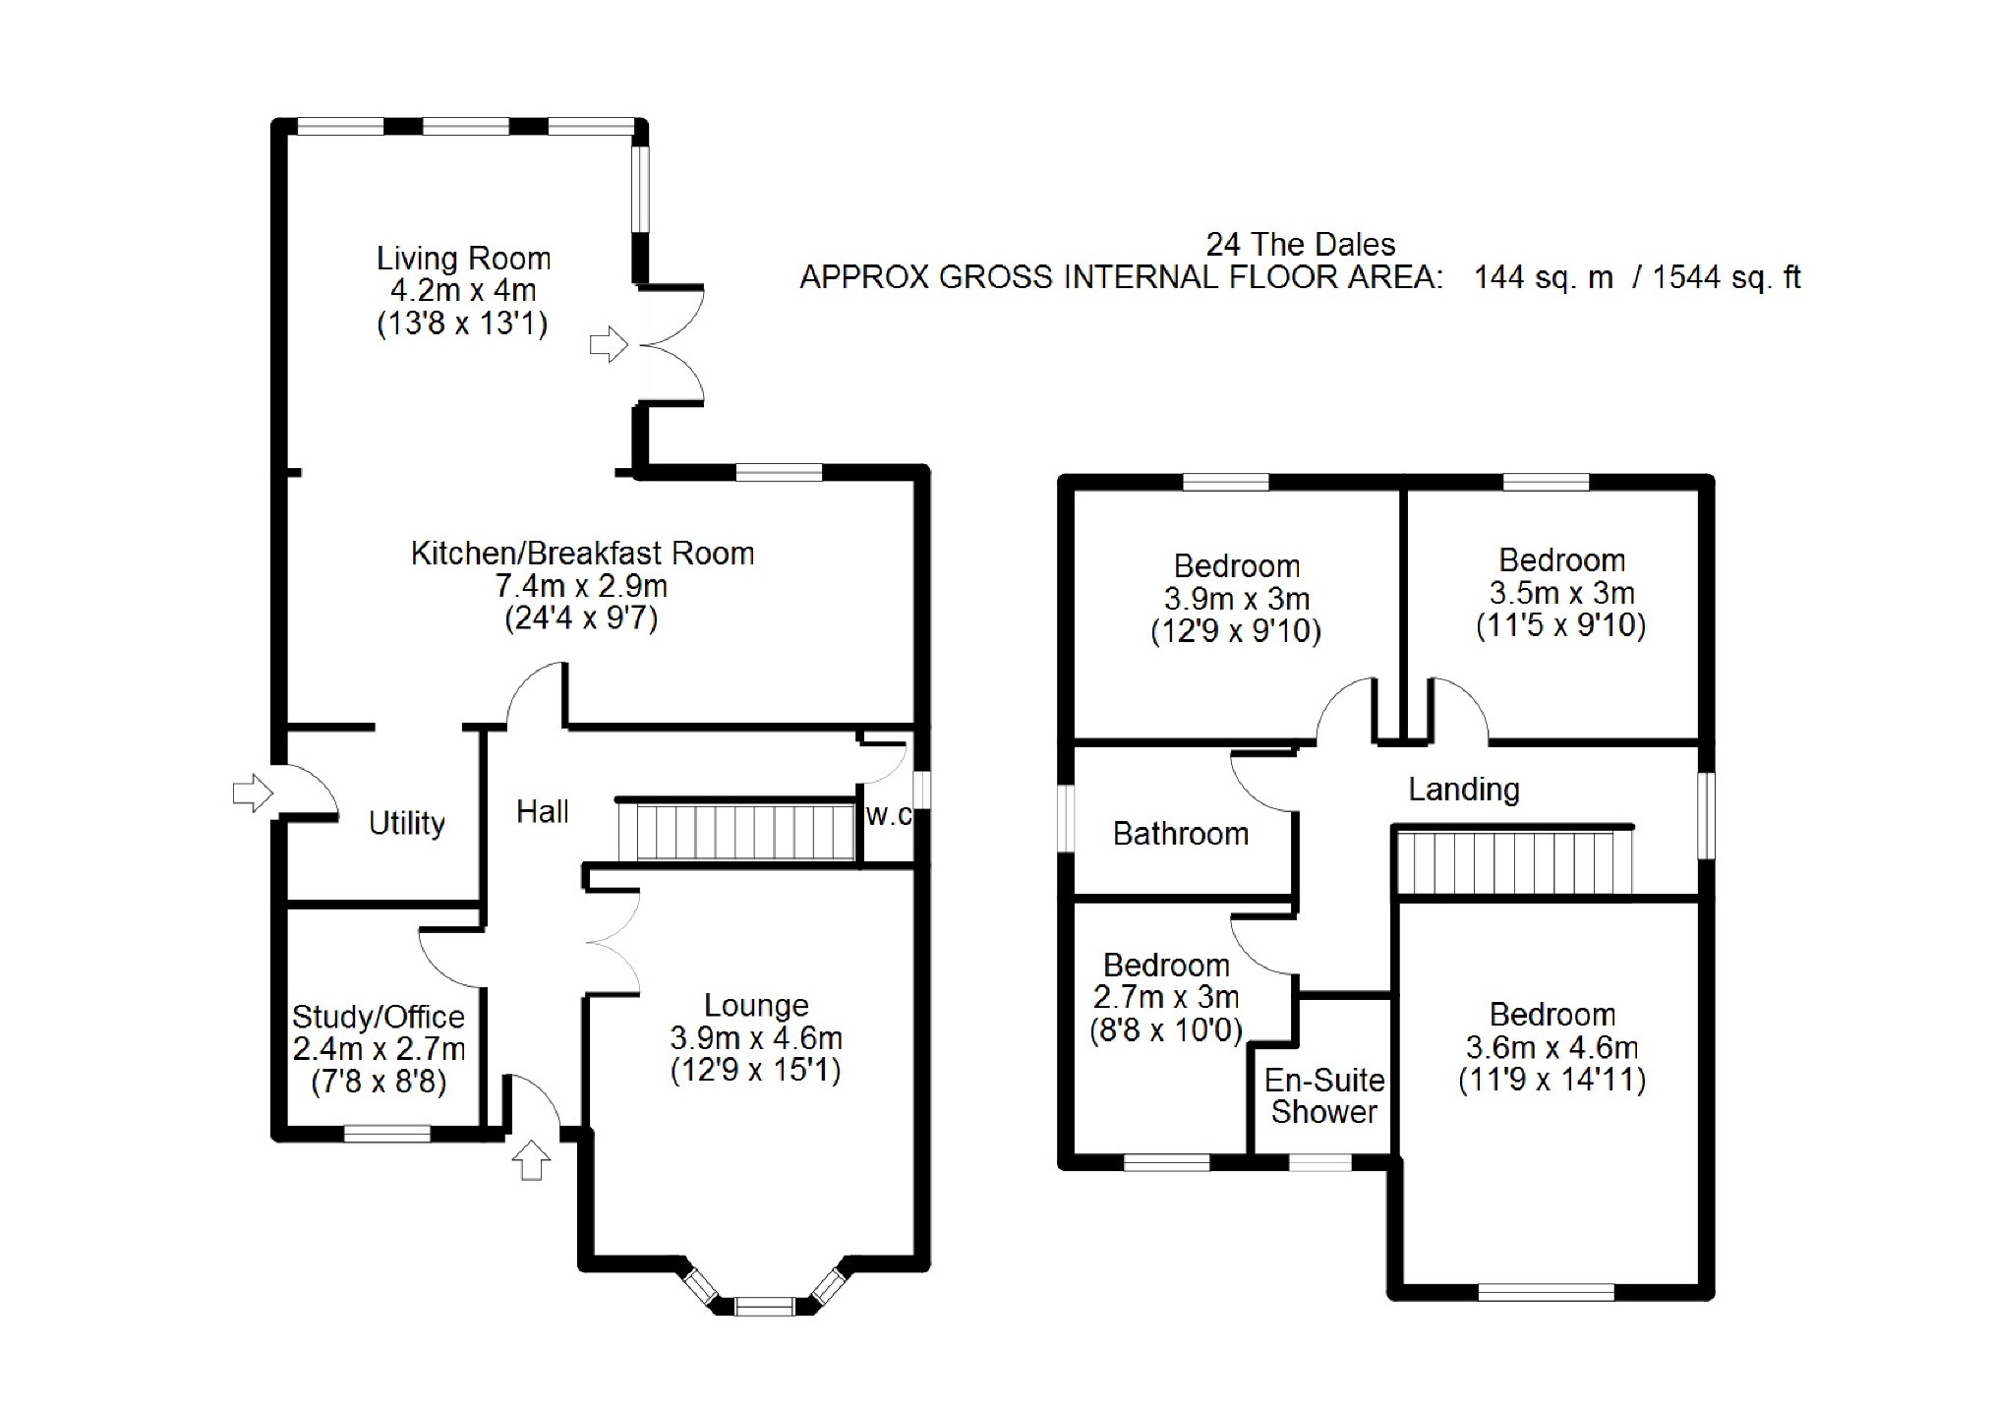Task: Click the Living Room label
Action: [463, 259]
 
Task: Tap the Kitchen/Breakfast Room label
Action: [582, 554]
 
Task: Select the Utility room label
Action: [406, 823]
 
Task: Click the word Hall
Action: [543, 811]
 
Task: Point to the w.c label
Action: [889, 815]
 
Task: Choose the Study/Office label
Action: [379, 1017]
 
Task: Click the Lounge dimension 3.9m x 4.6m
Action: [756, 1038]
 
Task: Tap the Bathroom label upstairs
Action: [1181, 834]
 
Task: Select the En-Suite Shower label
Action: [1324, 1096]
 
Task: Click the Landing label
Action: [1464, 789]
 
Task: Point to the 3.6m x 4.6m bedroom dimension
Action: [1552, 1047]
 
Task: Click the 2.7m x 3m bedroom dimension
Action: [1166, 997]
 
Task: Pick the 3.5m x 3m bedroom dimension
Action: [1561, 593]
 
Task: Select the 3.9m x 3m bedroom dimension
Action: [1237, 599]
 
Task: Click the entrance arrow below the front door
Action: [532, 1160]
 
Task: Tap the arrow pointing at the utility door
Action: [253, 793]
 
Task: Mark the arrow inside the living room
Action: [609, 345]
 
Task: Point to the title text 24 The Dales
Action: [1301, 244]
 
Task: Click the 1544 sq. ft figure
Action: [1727, 277]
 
